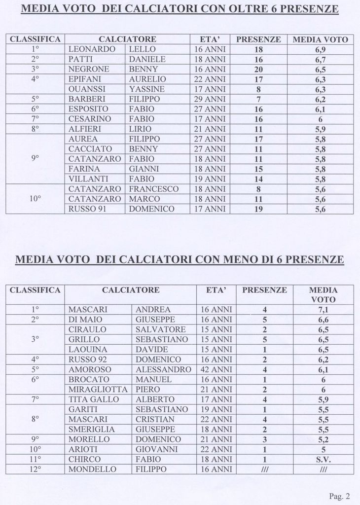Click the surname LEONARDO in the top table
tap(92, 49)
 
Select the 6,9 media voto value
tap(320, 50)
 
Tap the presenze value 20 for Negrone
tap(258, 70)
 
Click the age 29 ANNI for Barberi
tap(210, 99)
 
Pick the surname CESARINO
tap(90, 119)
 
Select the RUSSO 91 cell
tap(87, 209)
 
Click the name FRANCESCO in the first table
tap(153, 189)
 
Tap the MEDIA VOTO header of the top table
tap(320, 39)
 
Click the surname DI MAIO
tap(85, 320)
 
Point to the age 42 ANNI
tap(216, 369)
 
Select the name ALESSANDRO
tap(163, 369)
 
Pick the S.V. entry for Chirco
tap(323, 459)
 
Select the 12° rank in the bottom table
tap(35, 469)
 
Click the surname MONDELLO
tap(90, 469)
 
